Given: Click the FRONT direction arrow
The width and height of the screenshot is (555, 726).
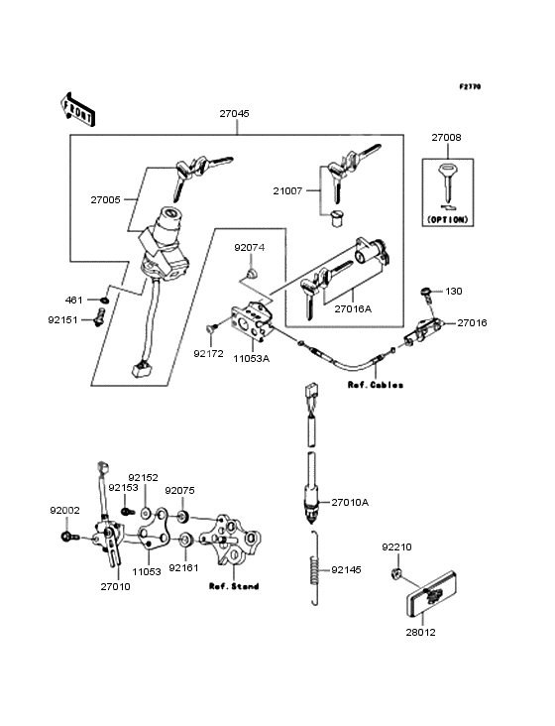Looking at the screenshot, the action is click(77, 110).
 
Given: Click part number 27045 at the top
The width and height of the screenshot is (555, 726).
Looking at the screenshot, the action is click(235, 113).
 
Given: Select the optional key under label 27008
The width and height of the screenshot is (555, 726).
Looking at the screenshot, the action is click(447, 181).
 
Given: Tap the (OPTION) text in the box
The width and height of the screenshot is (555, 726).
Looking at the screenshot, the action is click(448, 219).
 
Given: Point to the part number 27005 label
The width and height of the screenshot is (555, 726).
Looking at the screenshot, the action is click(105, 200).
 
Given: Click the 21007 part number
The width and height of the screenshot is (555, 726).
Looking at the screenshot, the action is click(287, 190).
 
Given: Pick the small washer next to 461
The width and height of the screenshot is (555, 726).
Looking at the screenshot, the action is click(105, 301).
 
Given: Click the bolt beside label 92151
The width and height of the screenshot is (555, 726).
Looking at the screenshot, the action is click(99, 317).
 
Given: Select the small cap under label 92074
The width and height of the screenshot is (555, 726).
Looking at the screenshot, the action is click(251, 273).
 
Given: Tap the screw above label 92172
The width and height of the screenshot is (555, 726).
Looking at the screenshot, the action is click(210, 329).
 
